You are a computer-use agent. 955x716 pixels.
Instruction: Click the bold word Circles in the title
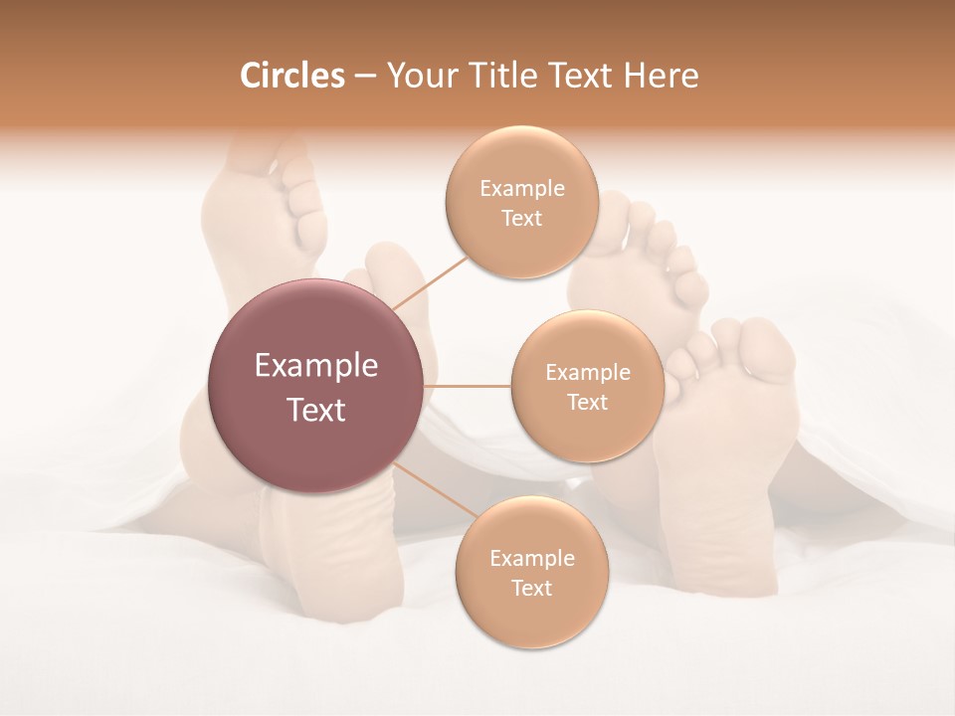pyautogui.click(x=292, y=76)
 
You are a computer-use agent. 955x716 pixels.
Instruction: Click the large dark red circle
pyautogui.click(x=316, y=386)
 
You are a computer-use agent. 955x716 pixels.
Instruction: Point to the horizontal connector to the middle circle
pyautogui.click(x=468, y=386)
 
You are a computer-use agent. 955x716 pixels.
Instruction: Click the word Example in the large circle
pyautogui.click(x=316, y=366)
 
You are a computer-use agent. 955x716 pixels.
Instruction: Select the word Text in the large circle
pyautogui.click(x=316, y=410)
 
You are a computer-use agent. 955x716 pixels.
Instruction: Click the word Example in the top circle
pyautogui.click(x=522, y=189)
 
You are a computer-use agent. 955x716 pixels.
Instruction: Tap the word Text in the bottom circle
pyautogui.click(x=531, y=588)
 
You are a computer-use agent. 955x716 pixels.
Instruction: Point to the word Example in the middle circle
pyautogui.click(x=587, y=373)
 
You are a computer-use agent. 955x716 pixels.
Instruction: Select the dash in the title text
pyautogui.click(x=364, y=77)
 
